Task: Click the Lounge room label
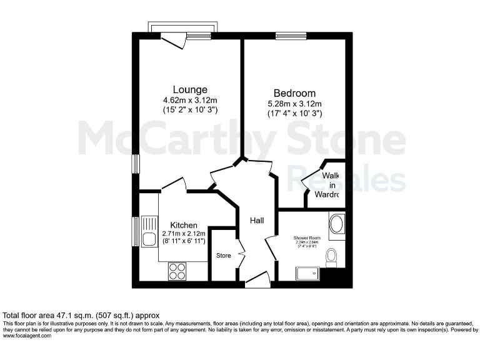[x=190, y=89]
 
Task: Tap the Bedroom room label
[x=294, y=94]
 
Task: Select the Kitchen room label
[x=184, y=225]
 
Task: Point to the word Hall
[x=257, y=221]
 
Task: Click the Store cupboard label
[x=223, y=256]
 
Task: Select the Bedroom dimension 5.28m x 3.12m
[x=294, y=104]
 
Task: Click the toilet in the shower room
[x=331, y=256]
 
